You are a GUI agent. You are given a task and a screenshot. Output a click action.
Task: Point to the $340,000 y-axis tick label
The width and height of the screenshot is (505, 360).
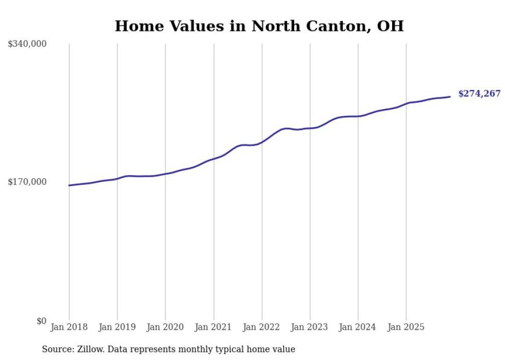point(27,44)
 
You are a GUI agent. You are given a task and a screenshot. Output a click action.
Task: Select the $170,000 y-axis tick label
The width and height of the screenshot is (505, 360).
point(27,182)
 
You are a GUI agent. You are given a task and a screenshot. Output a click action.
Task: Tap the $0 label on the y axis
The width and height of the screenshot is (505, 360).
point(41,321)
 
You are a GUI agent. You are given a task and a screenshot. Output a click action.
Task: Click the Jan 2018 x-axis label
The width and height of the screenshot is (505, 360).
point(69,327)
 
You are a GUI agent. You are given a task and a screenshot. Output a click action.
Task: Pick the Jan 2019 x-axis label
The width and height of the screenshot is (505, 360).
point(117,327)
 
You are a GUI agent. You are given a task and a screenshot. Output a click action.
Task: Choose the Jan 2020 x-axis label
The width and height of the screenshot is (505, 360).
point(165,327)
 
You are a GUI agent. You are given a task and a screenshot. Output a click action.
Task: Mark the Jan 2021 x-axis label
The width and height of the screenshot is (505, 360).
point(213,327)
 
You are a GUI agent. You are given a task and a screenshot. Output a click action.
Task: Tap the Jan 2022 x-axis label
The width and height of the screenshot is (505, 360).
point(262,327)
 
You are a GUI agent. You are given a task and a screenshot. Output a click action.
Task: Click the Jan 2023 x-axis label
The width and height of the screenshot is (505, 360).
point(310,327)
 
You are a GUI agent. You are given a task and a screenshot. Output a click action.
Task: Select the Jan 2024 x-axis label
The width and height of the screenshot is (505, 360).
point(358,327)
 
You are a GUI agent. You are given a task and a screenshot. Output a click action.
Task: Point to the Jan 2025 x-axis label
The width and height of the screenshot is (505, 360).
point(406,327)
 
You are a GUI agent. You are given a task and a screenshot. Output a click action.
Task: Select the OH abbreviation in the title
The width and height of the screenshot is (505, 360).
point(391,26)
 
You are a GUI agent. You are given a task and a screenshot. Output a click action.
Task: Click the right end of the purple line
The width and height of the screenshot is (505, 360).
point(450,96)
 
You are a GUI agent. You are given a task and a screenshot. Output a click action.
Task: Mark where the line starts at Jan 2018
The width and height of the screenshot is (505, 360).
point(69,185)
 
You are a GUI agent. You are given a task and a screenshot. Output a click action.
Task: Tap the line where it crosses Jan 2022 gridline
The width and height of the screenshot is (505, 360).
point(262,142)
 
